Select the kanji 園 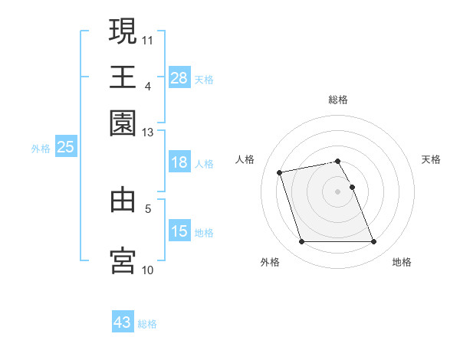point(123,123)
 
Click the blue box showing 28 point(179,78)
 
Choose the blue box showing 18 point(179,162)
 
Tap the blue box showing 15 point(179,231)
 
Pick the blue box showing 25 point(65,148)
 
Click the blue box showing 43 point(123,322)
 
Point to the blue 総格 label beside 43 point(148,324)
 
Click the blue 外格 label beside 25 point(40,149)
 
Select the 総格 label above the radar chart point(338,100)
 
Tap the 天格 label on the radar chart point(431,159)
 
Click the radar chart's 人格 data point point(280,172)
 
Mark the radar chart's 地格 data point point(373,242)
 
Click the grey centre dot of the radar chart point(338,191)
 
